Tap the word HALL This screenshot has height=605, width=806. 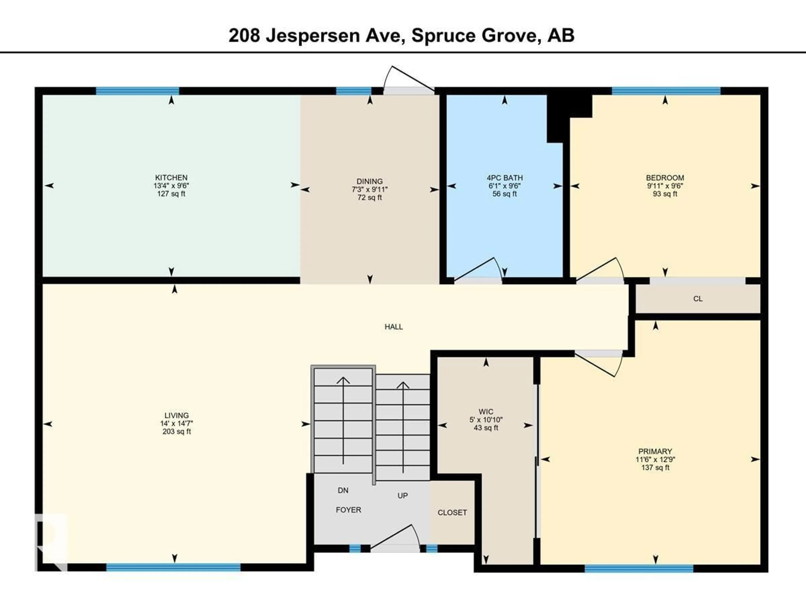pyautogui.click(x=394, y=327)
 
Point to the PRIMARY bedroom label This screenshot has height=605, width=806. pyautogui.click(x=655, y=451)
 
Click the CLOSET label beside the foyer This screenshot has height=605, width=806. pyautogui.click(x=452, y=512)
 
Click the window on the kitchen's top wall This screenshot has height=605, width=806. pyautogui.click(x=137, y=91)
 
